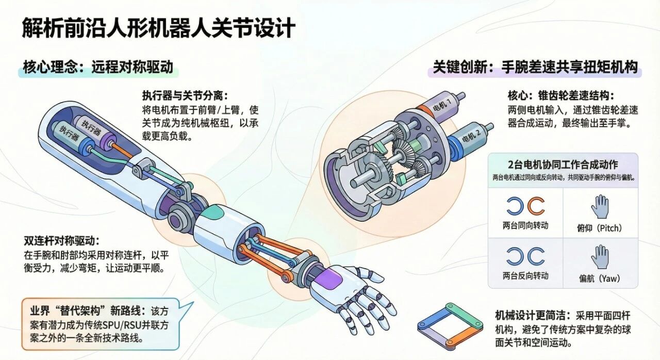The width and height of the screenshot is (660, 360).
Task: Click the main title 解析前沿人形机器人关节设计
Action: [158, 28]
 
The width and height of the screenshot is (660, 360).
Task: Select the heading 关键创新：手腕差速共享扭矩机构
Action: [535, 67]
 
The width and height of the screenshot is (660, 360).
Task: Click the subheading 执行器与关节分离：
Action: [185, 96]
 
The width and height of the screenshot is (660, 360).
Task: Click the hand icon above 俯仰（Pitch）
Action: [600, 206]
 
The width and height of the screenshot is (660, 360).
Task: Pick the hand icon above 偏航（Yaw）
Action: [600, 256]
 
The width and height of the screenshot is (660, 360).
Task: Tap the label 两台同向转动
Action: [525, 225]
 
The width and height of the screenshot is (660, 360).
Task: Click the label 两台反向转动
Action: [525, 275]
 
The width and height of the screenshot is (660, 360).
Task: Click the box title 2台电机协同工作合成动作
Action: [563, 165]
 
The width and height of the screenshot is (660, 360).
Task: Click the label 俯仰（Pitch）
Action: [600, 227]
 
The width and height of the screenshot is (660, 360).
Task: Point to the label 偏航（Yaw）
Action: [600, 279]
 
